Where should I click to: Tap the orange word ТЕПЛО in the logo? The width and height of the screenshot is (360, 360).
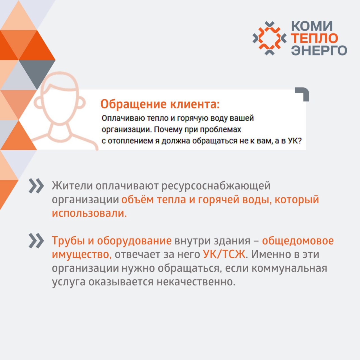(315, 38)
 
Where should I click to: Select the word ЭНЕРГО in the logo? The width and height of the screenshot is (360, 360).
(319, 50)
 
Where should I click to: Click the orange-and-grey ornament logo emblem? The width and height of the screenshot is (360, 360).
(269, 38)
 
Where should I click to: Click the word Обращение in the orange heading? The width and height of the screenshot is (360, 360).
(133, 104)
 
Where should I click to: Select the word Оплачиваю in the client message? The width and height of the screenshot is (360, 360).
(123, 118)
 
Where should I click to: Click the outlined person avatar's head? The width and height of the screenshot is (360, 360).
(60, 98)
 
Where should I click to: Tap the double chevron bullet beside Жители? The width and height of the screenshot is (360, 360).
(36, 186)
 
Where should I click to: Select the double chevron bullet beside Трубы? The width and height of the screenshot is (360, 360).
(36, 241)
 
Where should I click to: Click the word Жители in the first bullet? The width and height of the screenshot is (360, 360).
(72, 186)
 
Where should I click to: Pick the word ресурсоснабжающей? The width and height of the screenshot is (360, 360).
(216, 186)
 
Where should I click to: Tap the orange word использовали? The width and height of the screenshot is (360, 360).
(89, 213)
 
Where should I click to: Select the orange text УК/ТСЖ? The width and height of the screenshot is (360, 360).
(224, 255)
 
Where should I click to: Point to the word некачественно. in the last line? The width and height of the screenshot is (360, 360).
(196, 282)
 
